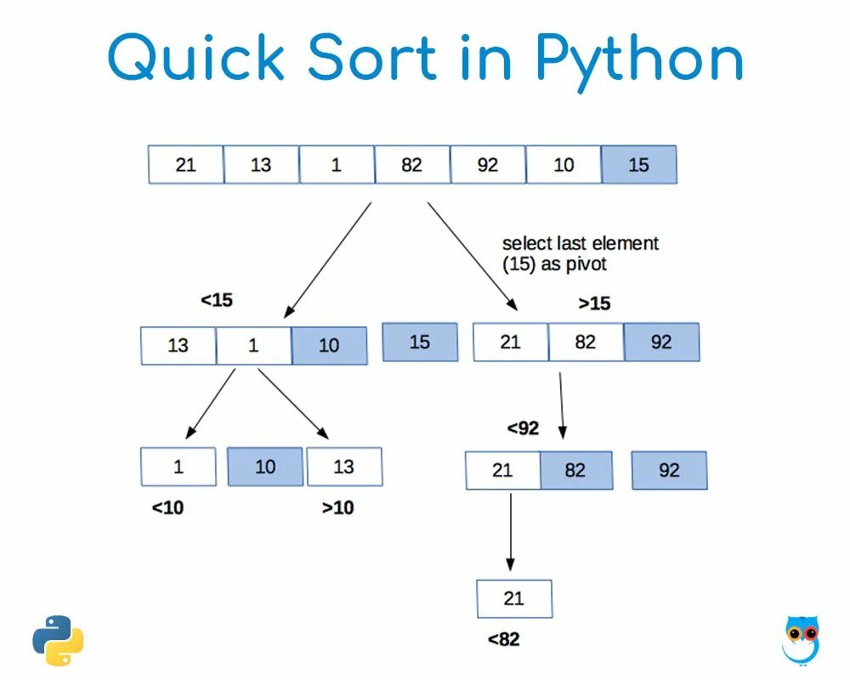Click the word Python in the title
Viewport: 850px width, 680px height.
tap(639, 59)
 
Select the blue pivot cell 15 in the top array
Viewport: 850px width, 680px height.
tap(638, 165)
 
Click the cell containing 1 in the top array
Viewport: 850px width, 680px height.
tap(337, 165)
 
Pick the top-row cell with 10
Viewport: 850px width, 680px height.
tap(564, 165)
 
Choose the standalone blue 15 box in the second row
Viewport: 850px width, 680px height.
tap(420, 342)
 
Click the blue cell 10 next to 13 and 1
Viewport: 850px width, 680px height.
tap(329, 346)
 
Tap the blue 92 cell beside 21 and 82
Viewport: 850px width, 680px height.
tap(661, 342)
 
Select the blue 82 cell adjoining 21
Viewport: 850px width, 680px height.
tap(575, 470)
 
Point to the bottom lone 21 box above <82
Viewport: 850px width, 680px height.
tap(514, 598)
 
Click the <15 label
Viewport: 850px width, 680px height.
tap(217, 300)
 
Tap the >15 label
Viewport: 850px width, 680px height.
tap(594, 303)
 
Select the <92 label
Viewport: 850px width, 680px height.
tap(523, 428)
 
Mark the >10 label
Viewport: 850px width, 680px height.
tap(337, 508)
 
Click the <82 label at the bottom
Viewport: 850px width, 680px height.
tap(503, 639)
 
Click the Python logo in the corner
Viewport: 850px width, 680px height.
tap(59, 640)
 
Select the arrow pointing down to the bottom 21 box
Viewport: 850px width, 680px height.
tap(510, 531)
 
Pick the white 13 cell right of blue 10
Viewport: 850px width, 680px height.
tap(343, 467)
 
